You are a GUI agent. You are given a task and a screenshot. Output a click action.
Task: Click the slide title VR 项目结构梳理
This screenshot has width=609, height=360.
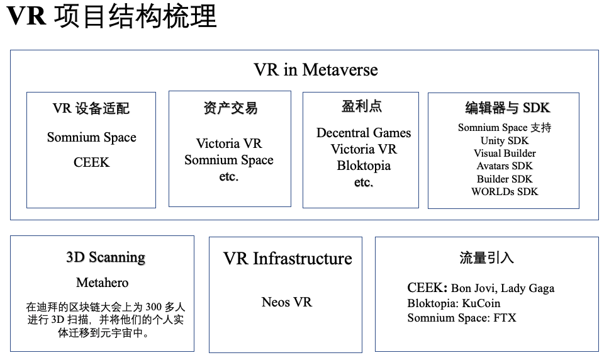coord(111,16)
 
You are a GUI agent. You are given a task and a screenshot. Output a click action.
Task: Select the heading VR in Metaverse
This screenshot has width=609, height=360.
coord(316,70)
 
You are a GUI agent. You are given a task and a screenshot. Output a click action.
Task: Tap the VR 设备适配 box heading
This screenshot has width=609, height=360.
coord(91,108)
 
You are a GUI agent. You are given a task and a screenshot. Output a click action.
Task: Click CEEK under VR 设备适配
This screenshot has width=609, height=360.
coord(92,162)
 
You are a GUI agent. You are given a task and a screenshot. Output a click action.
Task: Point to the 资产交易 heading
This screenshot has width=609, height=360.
coord(230,108)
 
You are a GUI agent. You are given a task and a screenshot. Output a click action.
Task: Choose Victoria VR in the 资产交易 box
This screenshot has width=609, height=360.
coord(229,143)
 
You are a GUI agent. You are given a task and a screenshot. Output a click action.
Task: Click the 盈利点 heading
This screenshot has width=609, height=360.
coord(362,106)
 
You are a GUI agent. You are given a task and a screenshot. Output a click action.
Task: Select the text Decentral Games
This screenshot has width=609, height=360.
coord(364,133)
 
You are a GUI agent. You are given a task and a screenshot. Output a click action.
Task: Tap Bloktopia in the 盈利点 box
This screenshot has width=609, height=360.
coord(364,166)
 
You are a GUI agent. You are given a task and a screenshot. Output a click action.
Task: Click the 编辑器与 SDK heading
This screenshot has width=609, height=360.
coord(508,108)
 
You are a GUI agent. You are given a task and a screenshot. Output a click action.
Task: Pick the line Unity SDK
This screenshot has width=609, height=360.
coord(505,140)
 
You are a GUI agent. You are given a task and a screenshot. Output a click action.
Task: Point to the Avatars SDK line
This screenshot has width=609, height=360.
coord(505,166)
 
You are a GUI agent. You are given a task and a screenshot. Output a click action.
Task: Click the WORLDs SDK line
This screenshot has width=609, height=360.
coord(505,191)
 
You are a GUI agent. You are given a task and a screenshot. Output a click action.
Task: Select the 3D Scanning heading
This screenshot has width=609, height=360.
coord(106,257)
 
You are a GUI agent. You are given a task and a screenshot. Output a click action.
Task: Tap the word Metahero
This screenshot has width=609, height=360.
coord(102,283)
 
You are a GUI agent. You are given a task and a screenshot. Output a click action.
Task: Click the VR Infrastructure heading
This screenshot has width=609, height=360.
coord(288,259)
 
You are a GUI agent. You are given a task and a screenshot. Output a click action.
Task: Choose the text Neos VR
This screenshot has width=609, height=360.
coord(287,301)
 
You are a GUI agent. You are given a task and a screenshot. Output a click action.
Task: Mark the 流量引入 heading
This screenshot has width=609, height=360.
coord(486,257)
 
